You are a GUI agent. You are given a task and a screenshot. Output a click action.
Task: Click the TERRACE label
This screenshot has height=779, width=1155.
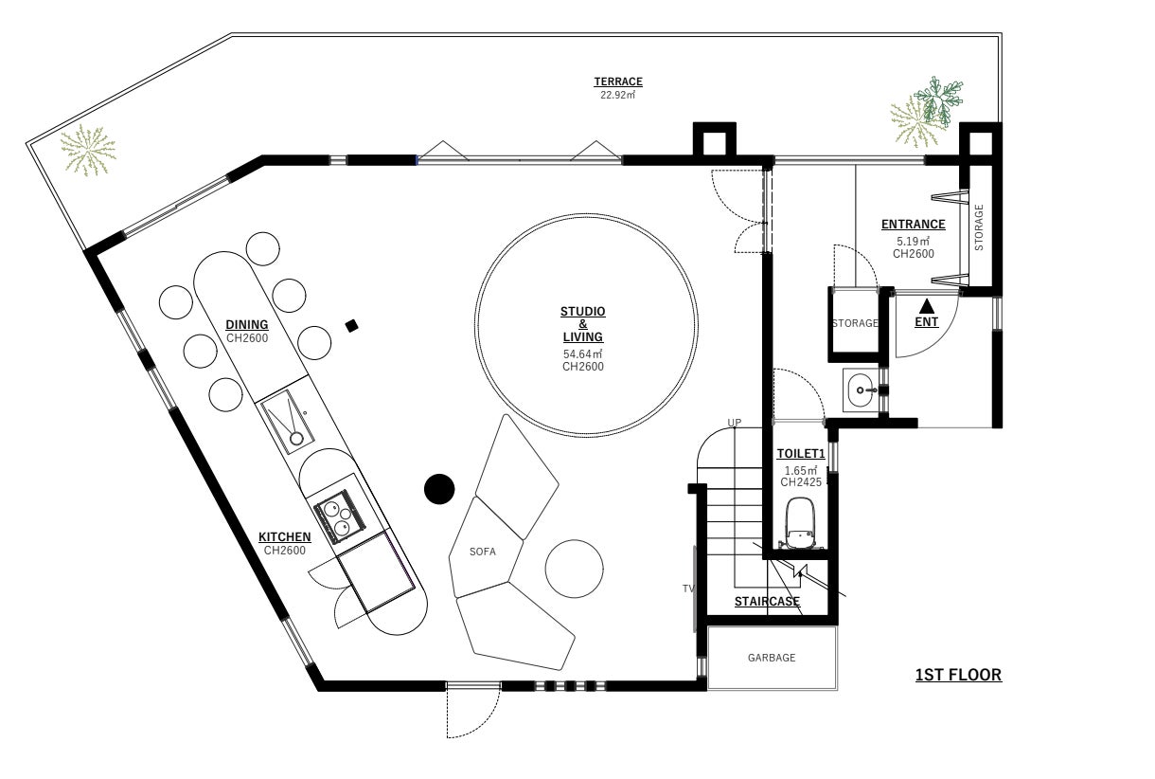pos(618,82)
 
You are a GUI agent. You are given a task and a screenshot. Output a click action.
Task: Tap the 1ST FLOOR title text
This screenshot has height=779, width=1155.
pos(957,676)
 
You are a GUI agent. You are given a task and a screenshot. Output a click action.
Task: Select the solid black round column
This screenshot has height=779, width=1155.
pos(439,489)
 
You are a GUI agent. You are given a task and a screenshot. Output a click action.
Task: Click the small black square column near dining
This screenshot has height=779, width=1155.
pos(352,326)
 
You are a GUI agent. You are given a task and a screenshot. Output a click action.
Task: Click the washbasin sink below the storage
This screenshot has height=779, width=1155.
pos(860,389)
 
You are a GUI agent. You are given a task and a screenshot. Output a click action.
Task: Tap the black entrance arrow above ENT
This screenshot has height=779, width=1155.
pos(927,306)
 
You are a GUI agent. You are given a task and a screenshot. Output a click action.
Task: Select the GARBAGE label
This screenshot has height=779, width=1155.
pos(771,658)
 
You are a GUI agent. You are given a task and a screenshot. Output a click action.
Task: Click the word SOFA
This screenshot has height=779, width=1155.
pos(482,551)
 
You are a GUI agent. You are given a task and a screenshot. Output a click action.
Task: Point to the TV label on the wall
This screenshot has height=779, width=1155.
pos(688,589)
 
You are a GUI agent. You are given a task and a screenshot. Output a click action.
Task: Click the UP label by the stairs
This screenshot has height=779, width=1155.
pos(734,422)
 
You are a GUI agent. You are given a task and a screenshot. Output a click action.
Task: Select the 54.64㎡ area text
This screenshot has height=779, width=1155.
pos(582,354)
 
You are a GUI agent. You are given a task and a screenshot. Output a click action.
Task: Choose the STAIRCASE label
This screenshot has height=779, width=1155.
pos(767,601)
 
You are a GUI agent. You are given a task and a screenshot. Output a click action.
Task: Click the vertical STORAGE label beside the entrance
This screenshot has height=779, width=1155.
pos(980,227)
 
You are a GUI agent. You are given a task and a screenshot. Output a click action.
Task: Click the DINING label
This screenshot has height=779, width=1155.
pos(246,325)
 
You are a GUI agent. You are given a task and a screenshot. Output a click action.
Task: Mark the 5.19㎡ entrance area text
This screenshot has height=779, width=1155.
pos(913,242)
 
